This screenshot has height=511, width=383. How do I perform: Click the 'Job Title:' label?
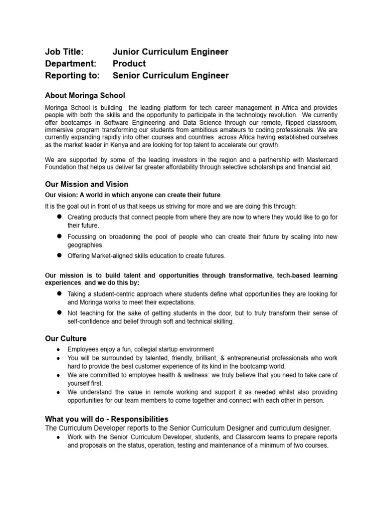64,51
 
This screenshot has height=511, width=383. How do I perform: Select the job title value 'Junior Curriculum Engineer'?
171,51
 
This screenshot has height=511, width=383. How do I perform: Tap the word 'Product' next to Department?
129,63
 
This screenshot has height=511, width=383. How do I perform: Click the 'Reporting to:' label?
72,75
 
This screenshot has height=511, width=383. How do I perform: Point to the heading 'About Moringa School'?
85,95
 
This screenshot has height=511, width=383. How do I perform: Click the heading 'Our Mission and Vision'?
86,184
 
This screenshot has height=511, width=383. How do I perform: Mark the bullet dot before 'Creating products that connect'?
59,217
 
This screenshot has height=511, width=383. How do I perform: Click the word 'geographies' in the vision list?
85,245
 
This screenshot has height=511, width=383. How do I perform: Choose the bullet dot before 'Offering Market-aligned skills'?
59,255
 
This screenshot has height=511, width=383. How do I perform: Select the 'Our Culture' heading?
66,338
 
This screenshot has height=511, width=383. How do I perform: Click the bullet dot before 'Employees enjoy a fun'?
59,349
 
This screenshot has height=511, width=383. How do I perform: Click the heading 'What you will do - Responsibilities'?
107,419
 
